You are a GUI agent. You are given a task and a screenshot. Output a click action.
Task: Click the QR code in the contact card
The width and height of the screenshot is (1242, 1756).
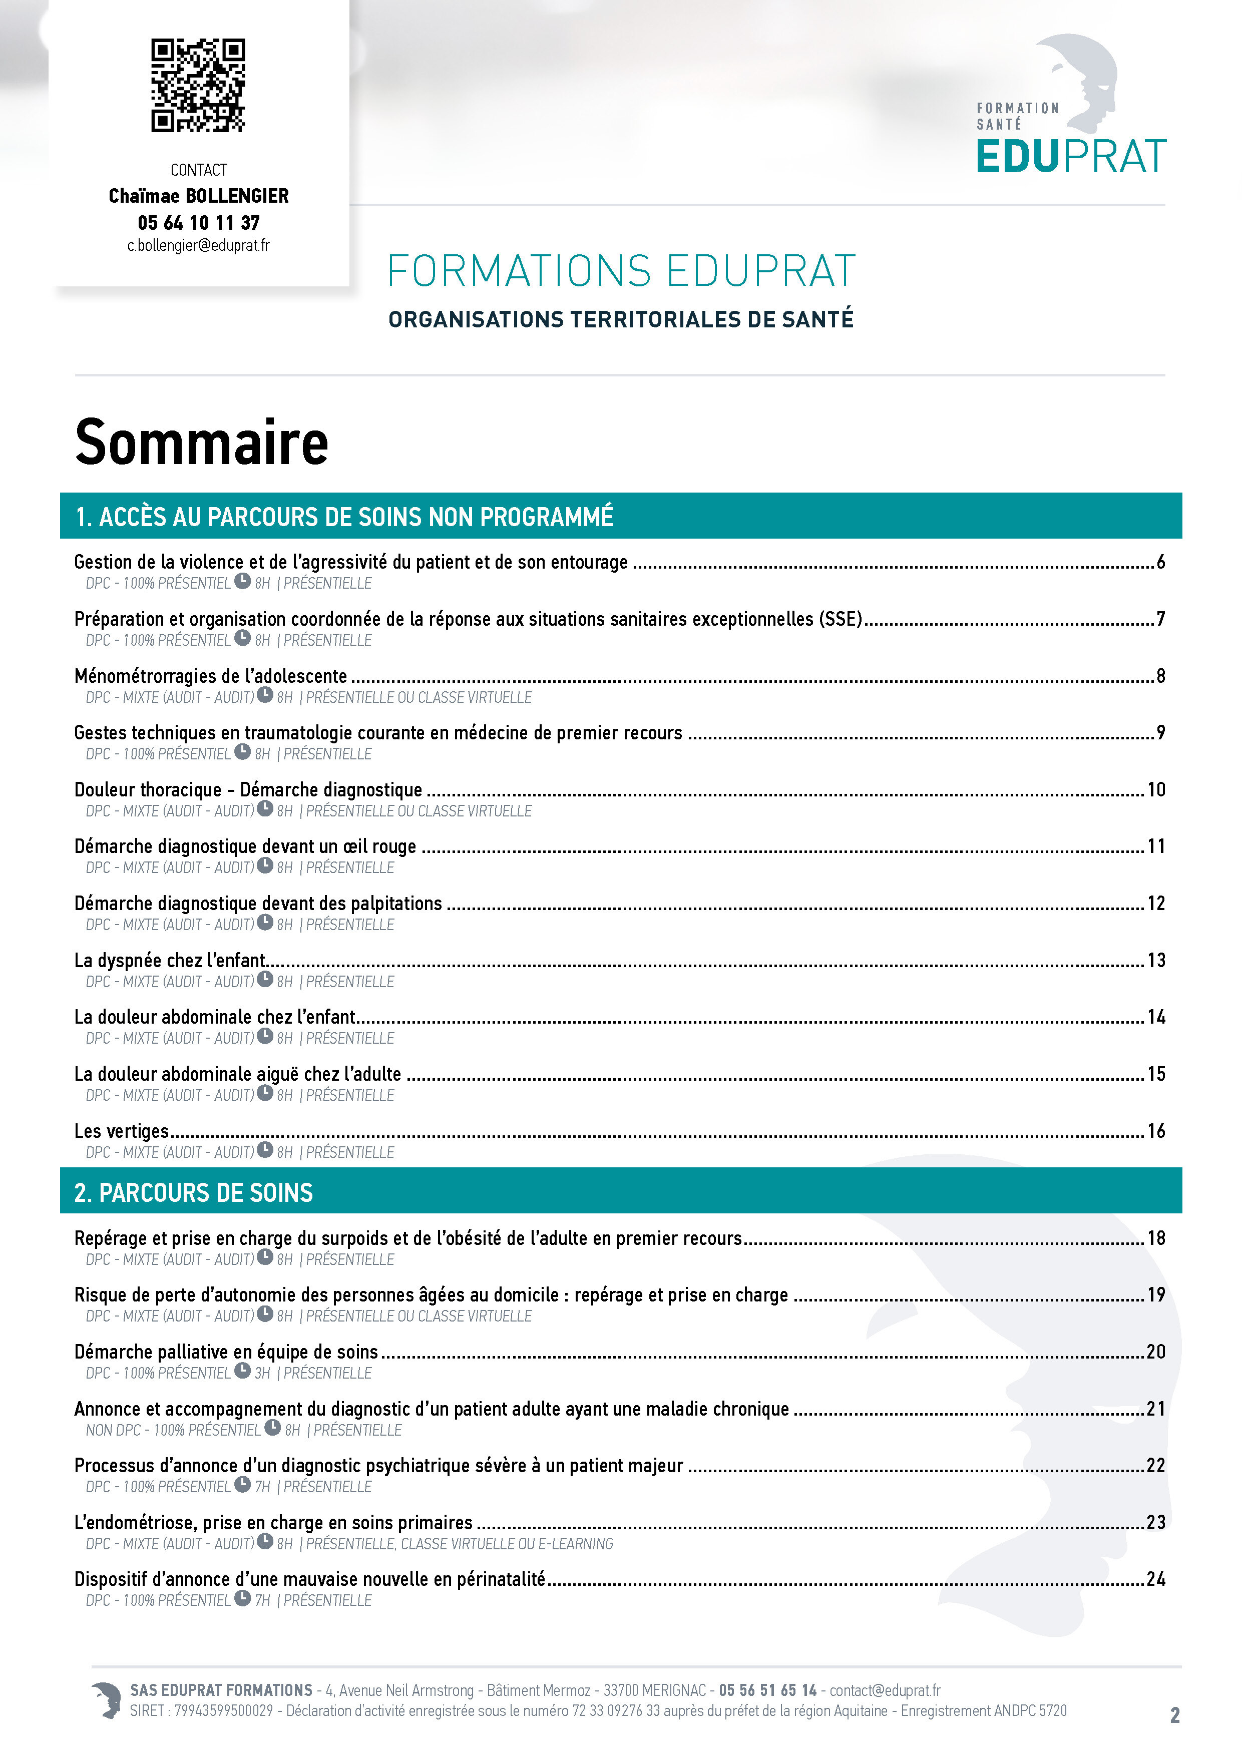click(x=198, y=86)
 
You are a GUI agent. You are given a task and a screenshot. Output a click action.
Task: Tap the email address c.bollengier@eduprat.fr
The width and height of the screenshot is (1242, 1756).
click(x=198, y=245)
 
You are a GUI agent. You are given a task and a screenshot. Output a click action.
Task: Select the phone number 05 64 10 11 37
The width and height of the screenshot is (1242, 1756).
click(x=198, y=223)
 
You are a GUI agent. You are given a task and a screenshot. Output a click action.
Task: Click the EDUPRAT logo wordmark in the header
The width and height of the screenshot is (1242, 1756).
click(x=1071, y=157)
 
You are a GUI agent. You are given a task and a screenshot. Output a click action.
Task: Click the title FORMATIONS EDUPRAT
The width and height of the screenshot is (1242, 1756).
click(x=620, y=271)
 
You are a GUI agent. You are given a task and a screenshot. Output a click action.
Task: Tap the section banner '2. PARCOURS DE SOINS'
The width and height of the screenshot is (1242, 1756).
click(x=194, y=1192)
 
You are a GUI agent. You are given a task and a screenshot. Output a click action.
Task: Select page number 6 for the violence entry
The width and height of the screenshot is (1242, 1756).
click(x=1160, y=562)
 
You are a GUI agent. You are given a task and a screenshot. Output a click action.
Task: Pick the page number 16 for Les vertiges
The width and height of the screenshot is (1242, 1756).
click(x=1155, y=1131)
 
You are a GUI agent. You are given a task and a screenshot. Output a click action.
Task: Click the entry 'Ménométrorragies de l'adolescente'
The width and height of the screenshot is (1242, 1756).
click(x=210, y=676)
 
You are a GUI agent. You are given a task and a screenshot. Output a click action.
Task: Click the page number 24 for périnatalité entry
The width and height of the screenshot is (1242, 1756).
click(x=1155, y=1579)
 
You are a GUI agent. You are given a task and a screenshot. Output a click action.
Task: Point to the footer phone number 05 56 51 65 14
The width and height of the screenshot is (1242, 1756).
click(x=767, y=1690)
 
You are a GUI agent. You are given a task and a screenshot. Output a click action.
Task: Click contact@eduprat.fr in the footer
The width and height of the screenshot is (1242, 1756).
click(x=885, y=1690)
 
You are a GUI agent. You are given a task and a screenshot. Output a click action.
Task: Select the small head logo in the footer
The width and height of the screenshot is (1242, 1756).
click(x=106, y=1699)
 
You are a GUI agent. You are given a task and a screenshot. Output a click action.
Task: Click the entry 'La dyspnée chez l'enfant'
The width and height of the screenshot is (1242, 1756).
click(x=170, y=961)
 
